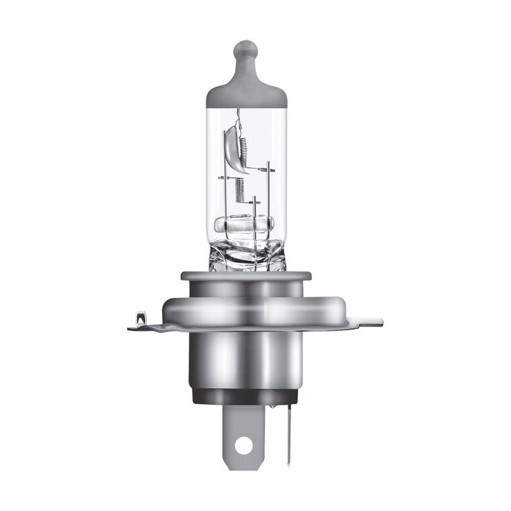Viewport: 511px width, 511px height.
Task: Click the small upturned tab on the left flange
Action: pyautogui.click(x=139, y=317)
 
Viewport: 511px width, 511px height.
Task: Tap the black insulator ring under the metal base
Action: pyautogui.click(x=246, y=396)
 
